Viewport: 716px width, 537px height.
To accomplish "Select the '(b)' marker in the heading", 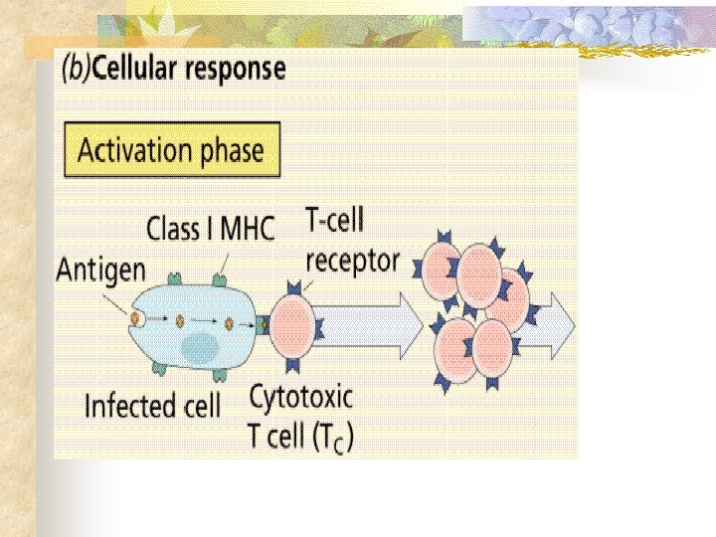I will [x=79, y=70].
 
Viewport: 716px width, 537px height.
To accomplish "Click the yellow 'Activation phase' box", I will [x=170, y=150].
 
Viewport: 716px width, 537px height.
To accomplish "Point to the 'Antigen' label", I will [x=100, y=268].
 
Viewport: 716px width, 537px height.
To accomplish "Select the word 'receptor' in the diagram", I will [x=352, y=260].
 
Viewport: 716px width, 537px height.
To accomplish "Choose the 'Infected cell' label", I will [x=152, y=406].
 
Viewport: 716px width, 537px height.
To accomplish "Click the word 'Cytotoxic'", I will [x=301, y=398].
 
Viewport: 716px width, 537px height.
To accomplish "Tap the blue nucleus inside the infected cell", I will [x=199, y=348].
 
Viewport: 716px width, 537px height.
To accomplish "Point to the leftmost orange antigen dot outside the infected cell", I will [x=133, y=317].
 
